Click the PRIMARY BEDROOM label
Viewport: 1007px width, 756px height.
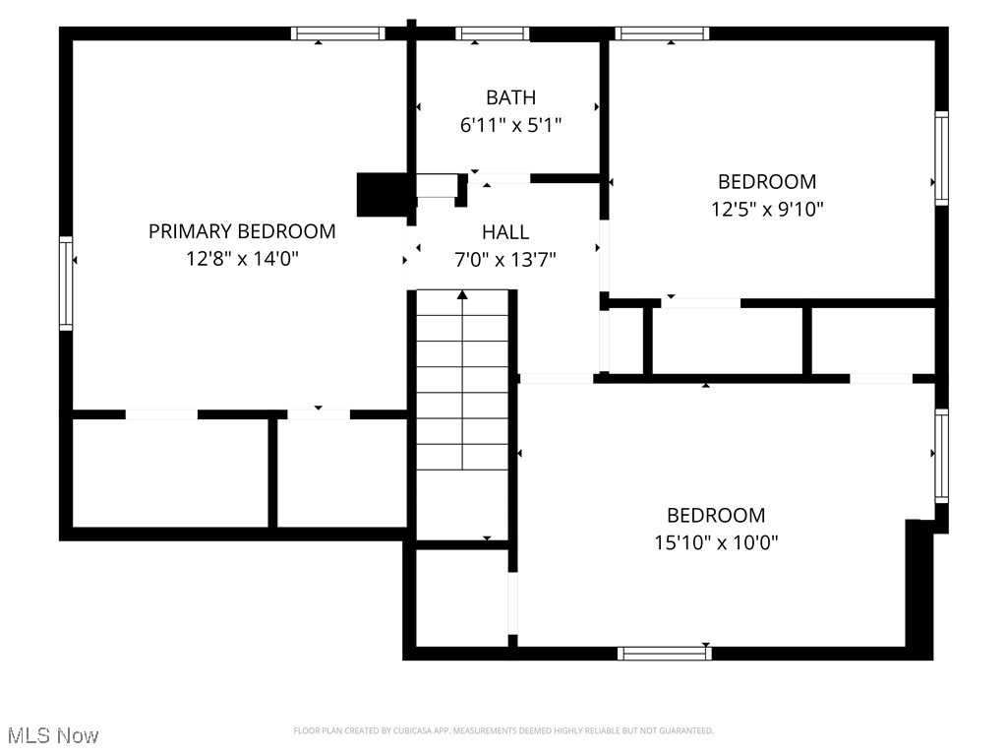point(242,231)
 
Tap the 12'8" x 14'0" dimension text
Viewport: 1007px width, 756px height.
point(242,259)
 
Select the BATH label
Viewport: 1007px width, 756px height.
point(510,97)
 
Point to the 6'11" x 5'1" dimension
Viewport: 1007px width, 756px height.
point(510,125)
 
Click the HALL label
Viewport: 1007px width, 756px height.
point(505,232)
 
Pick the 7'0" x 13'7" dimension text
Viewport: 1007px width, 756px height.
point(505,260)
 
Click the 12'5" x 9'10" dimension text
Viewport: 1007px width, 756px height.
point(766,209)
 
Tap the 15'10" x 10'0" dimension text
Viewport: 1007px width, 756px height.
point(716,542)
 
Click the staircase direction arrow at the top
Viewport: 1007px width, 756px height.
point(462,294)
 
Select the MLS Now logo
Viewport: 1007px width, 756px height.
point(53,735)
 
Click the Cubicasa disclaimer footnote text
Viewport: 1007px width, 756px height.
point(503,730)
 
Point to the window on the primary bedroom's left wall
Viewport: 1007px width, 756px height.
point(66,283)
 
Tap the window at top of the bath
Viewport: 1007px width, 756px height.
point(492,33)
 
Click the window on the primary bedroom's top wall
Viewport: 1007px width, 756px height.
point(337,33)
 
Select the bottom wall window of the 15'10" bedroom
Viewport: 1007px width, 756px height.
point(664,653)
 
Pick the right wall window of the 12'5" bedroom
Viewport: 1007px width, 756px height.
point(941,157)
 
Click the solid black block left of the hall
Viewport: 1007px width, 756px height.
point(382,194)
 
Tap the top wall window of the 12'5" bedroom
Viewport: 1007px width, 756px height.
point(662,33)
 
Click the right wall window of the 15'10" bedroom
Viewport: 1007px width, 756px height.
point(941,456)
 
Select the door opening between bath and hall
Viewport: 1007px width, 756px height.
point(500,178)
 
